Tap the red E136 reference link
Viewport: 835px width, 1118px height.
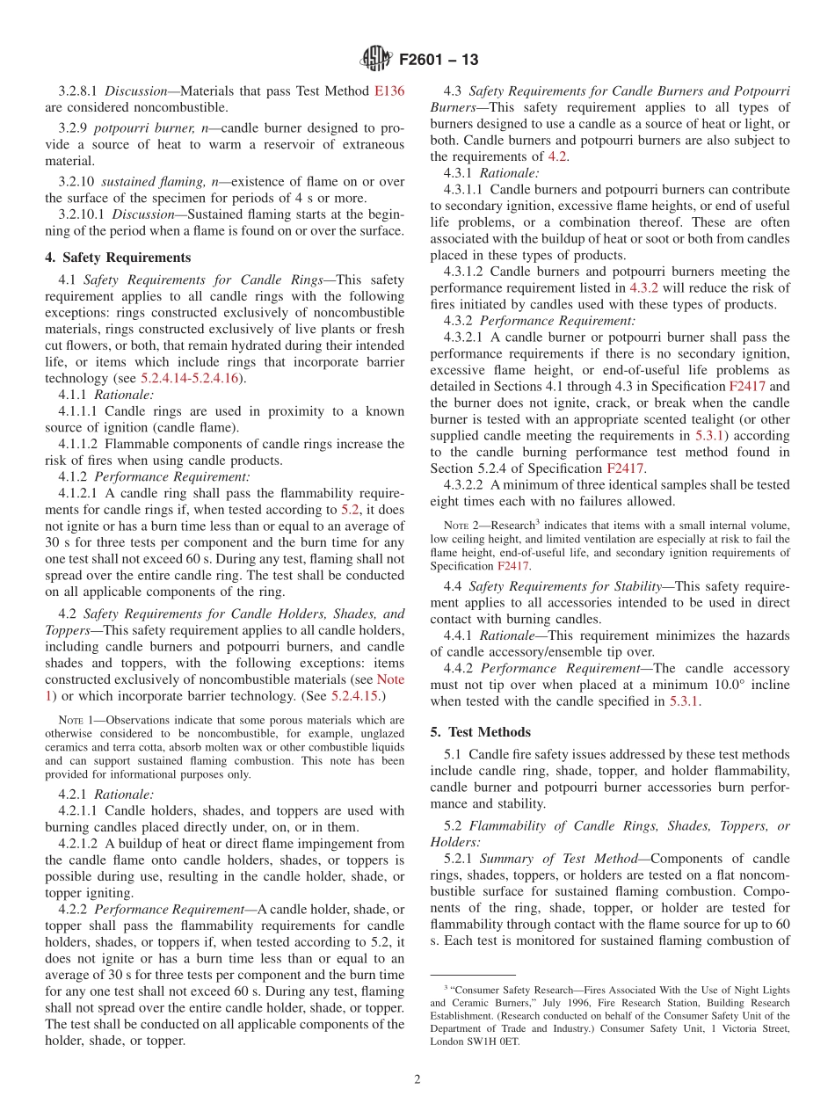[x=389, y=91]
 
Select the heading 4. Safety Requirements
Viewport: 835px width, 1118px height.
[x=118, y=258]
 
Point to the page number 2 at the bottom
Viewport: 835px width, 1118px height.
[x=417, y=1079]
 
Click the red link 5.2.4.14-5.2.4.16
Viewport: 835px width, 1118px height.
[x=192, y=379]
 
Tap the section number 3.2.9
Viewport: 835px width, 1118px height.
[x=75, y=128]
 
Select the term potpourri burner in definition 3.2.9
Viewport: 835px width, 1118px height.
[x=138, y=128]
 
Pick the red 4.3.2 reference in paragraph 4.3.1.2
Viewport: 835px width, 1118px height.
[x=643, y=288]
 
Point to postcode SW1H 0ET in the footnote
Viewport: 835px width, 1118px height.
[x=497, y=1042]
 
